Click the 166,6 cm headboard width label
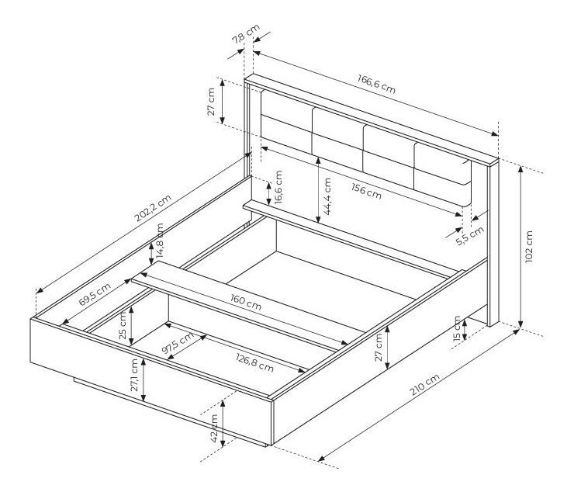376,84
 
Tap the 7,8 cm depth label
246,33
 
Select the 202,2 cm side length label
153,208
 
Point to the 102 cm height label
528,246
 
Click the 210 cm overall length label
424,385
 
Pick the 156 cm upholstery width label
366,192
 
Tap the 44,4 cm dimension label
327,196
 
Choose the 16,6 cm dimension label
278,187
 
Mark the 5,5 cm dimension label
470,236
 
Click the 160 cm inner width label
246,302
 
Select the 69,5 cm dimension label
95,295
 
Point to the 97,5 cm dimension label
178,344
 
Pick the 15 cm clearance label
457,328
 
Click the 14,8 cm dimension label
160,241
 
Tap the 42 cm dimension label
214,428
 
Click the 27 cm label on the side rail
379,348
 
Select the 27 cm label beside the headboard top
211,102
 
